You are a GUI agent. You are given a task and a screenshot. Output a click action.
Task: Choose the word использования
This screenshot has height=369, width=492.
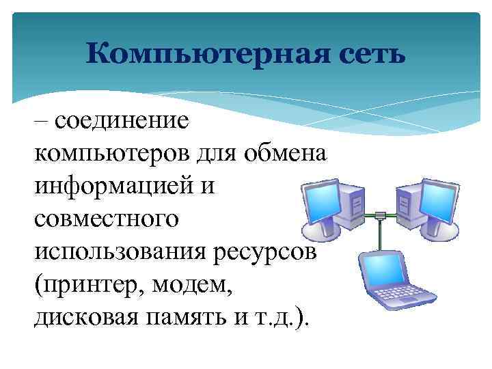click(119, 252)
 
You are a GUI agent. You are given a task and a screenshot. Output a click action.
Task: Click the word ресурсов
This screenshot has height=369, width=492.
click(273, 252)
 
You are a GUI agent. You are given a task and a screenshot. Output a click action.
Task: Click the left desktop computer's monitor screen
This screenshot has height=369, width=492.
click(317, 204)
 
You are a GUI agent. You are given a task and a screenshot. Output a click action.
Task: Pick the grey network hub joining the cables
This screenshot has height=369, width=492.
click(381, 217)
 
